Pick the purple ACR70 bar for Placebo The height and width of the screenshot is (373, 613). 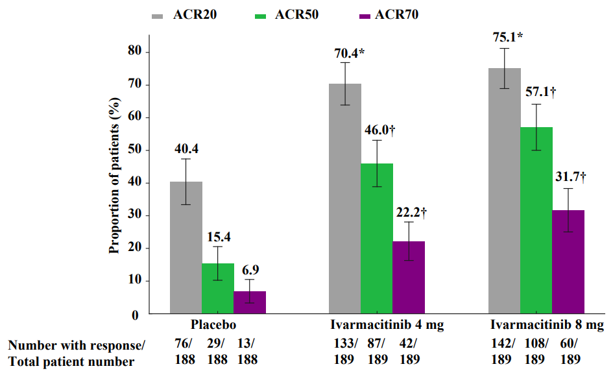tap(250, 302)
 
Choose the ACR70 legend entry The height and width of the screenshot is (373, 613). tap(388, 14)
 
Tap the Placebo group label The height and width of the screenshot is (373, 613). tap(213, 325)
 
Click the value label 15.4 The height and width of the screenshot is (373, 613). tap(218, 236)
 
